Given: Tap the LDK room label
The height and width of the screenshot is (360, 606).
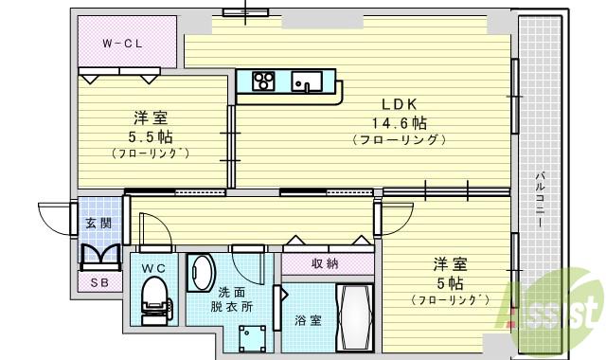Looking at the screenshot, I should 399,103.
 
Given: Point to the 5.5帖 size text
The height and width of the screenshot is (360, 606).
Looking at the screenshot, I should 151,135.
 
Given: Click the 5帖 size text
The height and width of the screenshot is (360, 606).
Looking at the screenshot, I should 450,282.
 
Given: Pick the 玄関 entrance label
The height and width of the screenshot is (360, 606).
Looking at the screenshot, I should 98,223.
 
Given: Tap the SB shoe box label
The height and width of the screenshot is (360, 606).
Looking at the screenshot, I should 98,282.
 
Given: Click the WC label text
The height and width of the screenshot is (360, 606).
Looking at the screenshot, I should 152,268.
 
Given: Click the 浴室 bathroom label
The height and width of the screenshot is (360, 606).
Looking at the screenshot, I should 309,320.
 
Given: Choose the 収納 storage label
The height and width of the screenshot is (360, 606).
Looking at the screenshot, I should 324,264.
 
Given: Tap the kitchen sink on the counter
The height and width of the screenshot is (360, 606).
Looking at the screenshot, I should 308,81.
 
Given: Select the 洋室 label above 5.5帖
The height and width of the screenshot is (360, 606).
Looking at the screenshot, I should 151,117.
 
